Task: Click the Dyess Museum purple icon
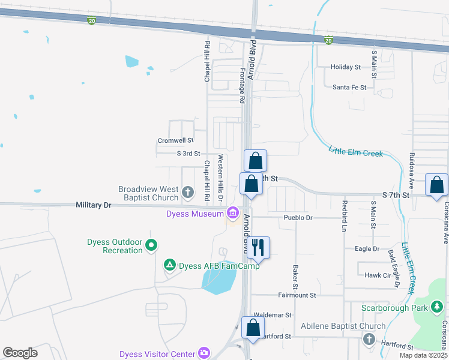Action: [232, 214]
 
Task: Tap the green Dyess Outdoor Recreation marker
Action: [151, 245]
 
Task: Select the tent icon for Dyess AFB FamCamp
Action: [170, 265]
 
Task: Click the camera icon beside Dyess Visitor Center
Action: [204, 353]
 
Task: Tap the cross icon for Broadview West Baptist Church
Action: [187, 193]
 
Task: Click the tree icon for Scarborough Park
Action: [437, 308]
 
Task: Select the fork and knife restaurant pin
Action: [258, 247]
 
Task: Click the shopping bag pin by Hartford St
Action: [253, 327]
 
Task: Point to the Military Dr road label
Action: [94, 205]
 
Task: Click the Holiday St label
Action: [346, 67]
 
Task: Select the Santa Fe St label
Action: [349, 87]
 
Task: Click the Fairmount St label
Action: [297, 295]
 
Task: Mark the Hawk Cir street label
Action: [378, 275]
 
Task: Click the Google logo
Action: [20, 353]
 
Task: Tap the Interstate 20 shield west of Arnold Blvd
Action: [92, 20]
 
